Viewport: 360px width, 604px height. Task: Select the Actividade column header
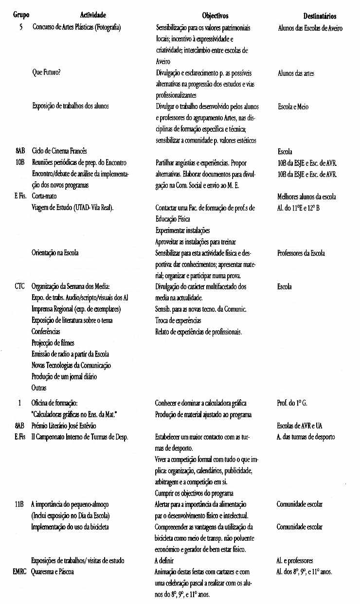[x=93, y=16]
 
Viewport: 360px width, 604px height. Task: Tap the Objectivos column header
[x=215, y=16]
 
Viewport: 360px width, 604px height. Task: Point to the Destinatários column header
[x=316, y=16]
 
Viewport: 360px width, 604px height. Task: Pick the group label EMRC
[x=21, y=572]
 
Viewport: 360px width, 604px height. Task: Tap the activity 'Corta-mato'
[x=47, y=196]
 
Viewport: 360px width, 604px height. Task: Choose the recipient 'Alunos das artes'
[x=296, y=73]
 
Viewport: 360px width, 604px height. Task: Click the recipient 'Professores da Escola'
[x=301, y=253]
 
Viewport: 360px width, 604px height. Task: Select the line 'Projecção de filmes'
[x=53, y=343]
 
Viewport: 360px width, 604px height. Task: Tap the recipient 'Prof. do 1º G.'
[x=292, y=403]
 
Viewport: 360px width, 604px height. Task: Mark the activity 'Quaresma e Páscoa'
[x=53, y=572]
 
